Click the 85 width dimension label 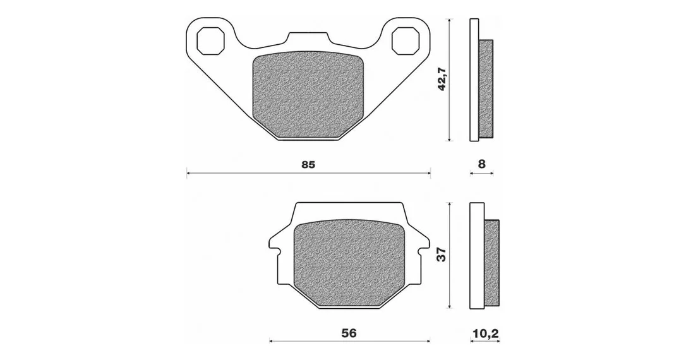click(308, 165)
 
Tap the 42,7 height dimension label click(442, 79)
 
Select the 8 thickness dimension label click(482, 164)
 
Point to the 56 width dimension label click(349, 333)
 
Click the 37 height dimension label click(442, 255)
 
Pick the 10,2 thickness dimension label click(485, 333)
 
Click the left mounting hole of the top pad click(210, 40)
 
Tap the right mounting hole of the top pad click(406, 40)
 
